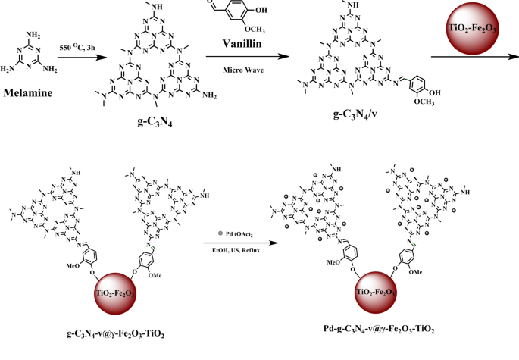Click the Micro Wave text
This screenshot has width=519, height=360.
pos(242,70)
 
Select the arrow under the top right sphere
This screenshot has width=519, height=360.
pos(475,57)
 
